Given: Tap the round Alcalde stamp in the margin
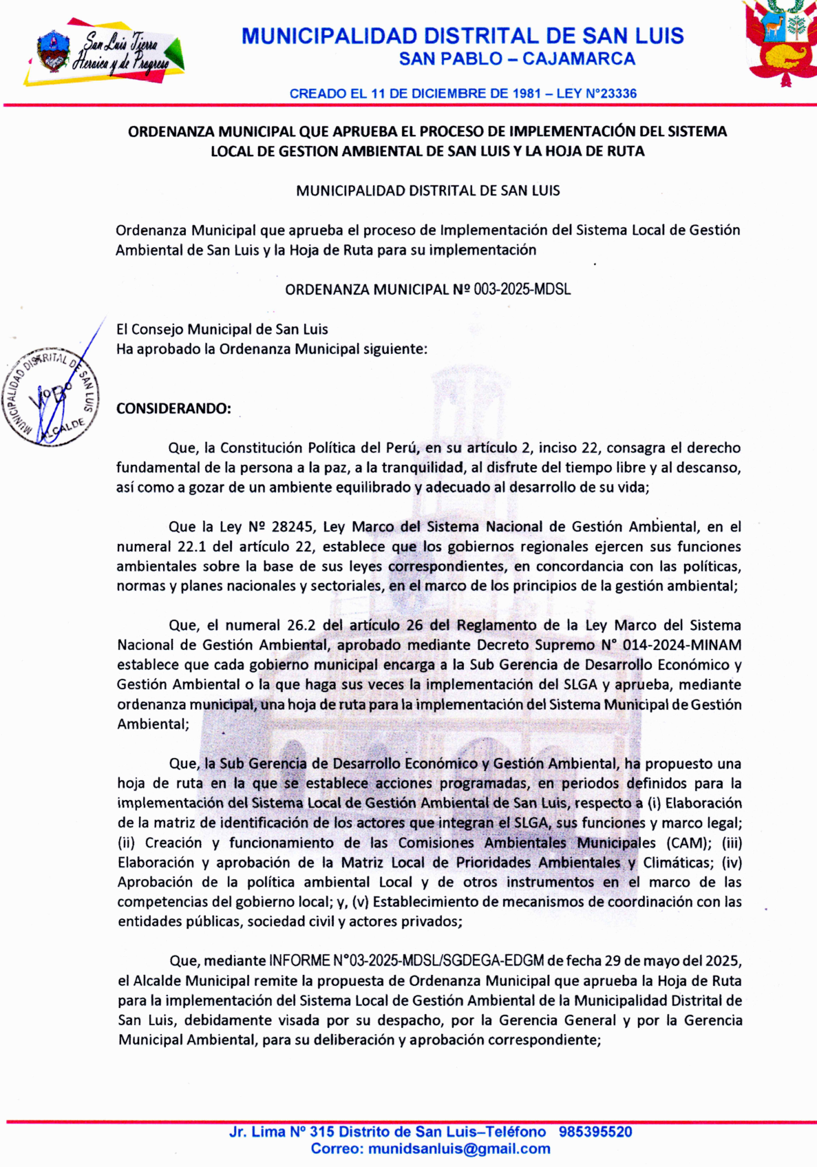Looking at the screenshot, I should tap(51, 397).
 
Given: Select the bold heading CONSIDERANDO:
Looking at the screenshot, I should tap(173, 409).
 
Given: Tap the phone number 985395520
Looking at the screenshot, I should tap(595, 1132).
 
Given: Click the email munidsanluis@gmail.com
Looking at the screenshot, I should tap(459, 1149).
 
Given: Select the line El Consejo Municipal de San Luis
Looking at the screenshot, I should tap(222, 330).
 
